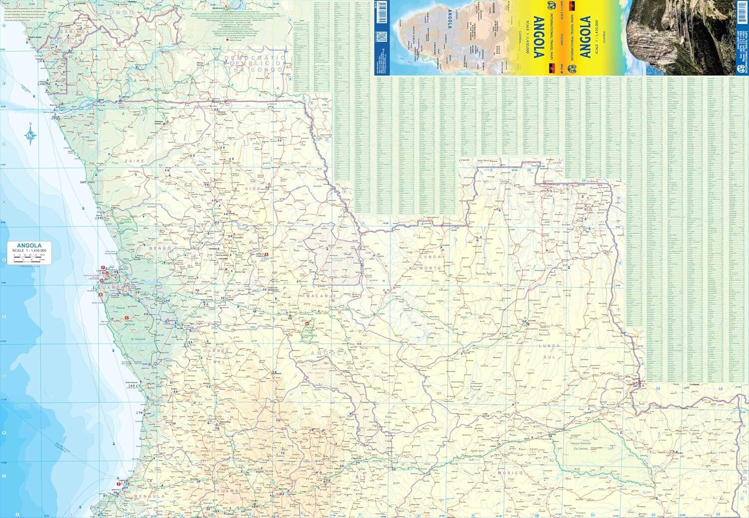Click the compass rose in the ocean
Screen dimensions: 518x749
click(30, 134)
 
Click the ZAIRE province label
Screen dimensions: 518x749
click(134, 161)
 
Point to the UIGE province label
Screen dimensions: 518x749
click(253, 188)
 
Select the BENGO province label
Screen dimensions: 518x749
click(160, 248)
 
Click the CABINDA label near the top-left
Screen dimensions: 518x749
click(75, 31)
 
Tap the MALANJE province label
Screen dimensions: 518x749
click(321, 296)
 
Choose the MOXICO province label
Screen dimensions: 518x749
click(510, 472)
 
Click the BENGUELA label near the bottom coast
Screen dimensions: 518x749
click(149, 496)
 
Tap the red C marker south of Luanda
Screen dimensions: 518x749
click(127, 318)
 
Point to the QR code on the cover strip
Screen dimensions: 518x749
click(381, 36)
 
